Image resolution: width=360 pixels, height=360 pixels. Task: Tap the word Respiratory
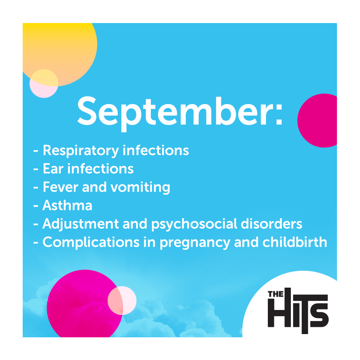81,151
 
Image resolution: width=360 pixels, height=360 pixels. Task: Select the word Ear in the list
53,169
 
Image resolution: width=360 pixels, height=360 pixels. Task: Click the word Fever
60,187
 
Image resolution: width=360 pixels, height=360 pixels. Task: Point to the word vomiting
140,187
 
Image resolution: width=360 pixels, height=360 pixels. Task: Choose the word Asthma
67,205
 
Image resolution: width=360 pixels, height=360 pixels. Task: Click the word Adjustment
81,224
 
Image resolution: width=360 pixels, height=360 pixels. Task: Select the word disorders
271,224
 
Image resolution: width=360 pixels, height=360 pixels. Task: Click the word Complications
91,242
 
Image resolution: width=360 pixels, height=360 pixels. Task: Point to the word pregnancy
195,243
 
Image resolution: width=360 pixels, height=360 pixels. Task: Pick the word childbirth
295,242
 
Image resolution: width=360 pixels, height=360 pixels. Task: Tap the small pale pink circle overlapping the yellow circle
44,84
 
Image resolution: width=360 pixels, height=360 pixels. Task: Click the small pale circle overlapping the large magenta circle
122,301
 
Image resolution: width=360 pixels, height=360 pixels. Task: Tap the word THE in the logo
276,294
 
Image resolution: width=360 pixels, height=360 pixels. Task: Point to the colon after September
279,114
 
